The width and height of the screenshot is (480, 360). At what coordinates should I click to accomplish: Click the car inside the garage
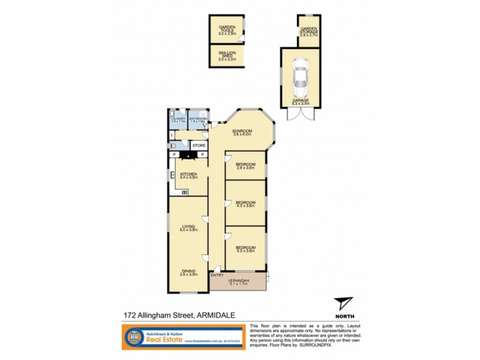click(299, 76)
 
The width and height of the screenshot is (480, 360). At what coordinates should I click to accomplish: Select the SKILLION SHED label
click(227, 55)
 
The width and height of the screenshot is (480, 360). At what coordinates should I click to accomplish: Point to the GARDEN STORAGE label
click(309, 30)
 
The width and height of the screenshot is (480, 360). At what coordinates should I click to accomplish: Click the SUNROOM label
click(242, 131)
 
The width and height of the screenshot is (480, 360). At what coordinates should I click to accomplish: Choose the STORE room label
click(199, 145)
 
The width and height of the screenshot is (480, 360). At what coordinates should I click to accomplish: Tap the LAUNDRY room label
click(177, 119)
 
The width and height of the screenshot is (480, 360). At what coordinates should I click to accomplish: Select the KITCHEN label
click(189, 173)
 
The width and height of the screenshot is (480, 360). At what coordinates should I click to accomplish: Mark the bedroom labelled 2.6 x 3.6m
click(245, 166)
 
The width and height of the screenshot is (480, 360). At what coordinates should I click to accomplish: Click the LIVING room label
click(189, 227)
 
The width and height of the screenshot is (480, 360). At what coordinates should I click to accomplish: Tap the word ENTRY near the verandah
click(217, 275)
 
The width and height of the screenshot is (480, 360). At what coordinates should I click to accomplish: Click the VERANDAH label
click(238, 281)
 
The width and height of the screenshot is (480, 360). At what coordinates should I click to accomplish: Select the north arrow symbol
click(344, 303)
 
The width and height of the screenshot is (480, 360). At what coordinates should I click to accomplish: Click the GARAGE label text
click(300, 101)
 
